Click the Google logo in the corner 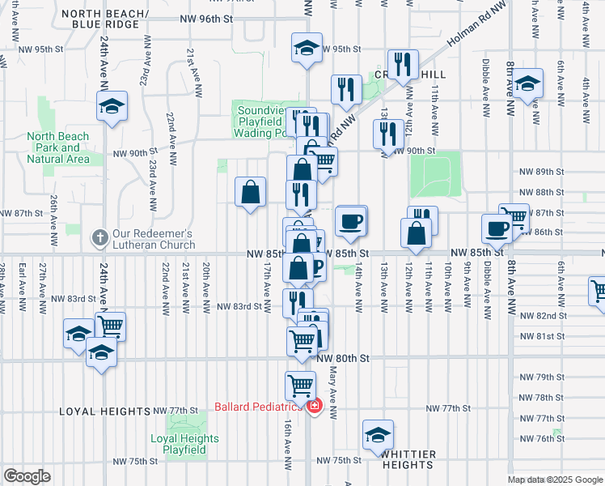tap(27, 476)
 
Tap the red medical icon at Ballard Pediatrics tap(313, 406)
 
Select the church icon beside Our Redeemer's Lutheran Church tap(99, 237)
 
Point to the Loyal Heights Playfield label tap(184, 444)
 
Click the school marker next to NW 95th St tap(307, 48)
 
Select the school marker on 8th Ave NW tap(527, 84)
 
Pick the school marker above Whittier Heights tap(377, 435)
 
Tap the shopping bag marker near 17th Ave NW tap(251, 192)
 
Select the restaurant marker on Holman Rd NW tap(402, 65)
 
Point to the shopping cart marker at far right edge tap(599, 292)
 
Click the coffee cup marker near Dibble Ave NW tap(496, 228)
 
